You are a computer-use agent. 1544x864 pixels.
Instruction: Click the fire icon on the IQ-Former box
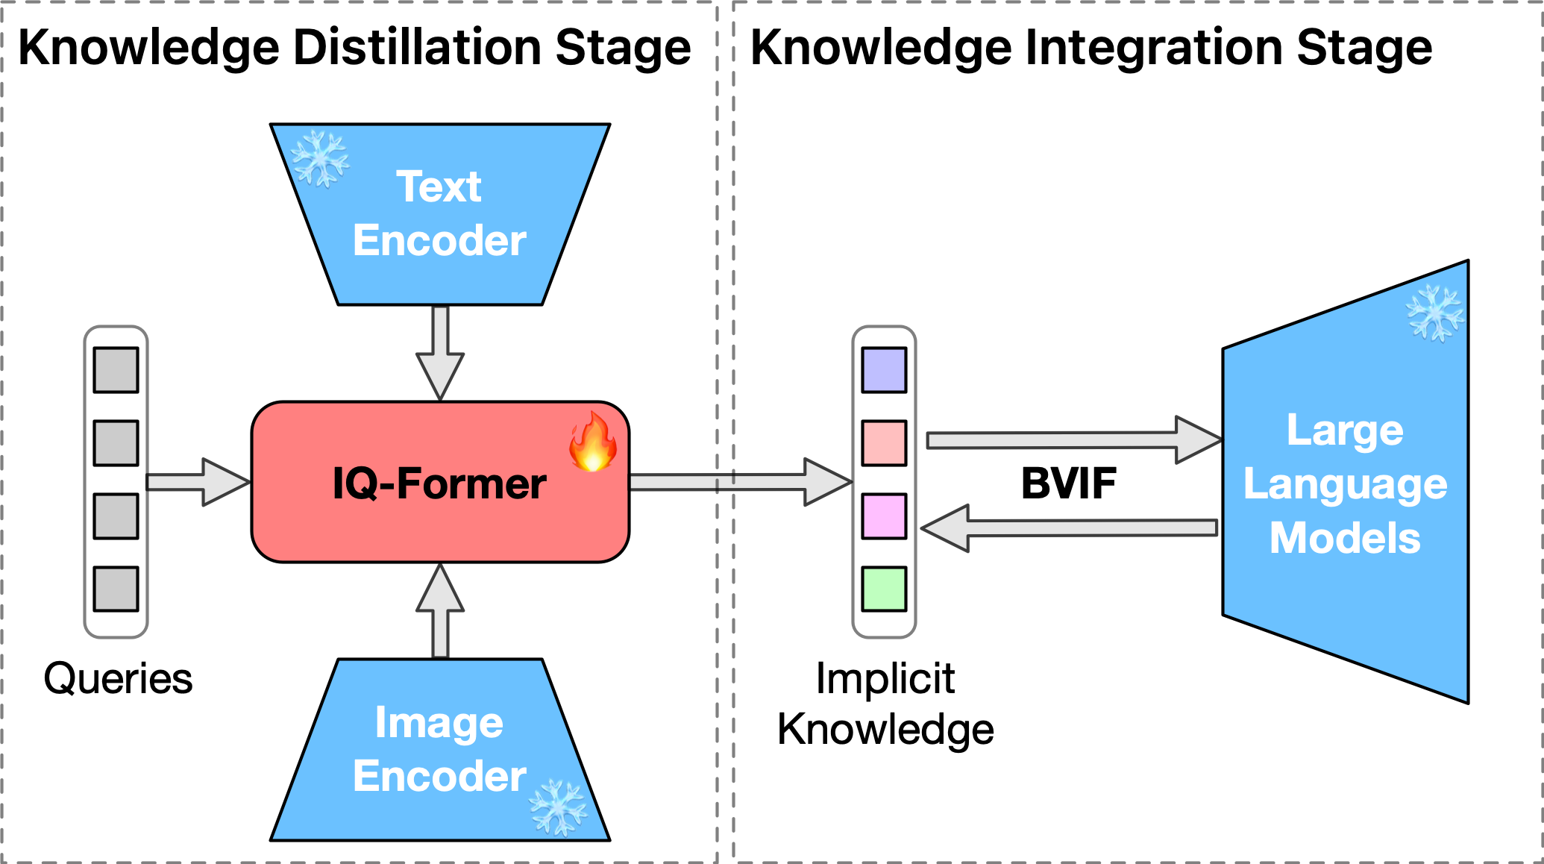pyautogui.click(x=593, y=442)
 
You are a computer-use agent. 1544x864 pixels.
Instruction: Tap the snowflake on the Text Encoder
pyautogui.click(x=319, y=159)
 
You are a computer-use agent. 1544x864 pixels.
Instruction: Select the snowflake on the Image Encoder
pyautogui.click(x=558, y=807)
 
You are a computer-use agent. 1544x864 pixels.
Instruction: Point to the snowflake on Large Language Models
pyautogui.click(x=1435, y=313)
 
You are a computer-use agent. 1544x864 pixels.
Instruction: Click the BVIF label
pyautogui.click(x=1068, y=483)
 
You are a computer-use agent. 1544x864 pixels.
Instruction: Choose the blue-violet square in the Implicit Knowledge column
pyautogui.click(x=884, y=369)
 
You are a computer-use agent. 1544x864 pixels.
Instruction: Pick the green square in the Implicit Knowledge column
pyautogui.click(x=884, y=589)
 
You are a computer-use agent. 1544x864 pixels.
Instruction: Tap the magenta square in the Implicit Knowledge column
pyautogui.click(x=884, y=516)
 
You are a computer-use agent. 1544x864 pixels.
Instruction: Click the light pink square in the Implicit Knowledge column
pyautogui.click(x=884, y=442)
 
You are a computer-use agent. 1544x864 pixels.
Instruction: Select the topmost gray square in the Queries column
pyautogui.click(x=116, y=369)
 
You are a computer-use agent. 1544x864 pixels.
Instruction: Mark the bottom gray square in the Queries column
pyautogui.click(x=116, y=589)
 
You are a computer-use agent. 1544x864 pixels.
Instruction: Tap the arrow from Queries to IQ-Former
pyautogui.click(x=198, y=482)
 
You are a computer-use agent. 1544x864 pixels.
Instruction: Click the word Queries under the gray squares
pyautogui.click(x=118, y=679)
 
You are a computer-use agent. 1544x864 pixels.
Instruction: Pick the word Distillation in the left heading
pyautogui.click(x=418, y=48)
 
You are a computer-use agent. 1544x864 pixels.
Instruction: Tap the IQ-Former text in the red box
pyautogui.click(x=439, y=483)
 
